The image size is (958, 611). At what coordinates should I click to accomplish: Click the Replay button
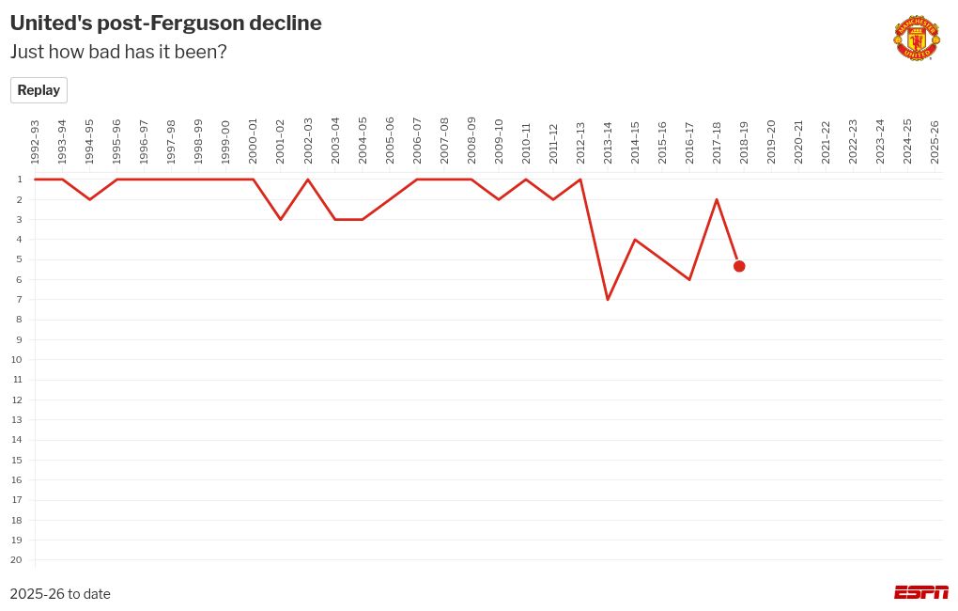click(x=39, y=90)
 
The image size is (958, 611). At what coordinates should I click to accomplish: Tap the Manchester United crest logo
click(x=916, y=38)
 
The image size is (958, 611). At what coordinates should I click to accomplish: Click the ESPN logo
click(x=920, y=592)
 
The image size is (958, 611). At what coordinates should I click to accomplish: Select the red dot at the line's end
click(x=739, y=266)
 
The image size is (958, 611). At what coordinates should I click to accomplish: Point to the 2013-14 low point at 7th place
click(x=608, y=299)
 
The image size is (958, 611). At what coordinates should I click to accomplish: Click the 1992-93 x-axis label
click(x=35, y=142)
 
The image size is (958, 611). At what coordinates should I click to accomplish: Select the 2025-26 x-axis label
click(x=935, y=142)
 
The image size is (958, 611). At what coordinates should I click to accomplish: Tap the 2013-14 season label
click(x=608, y=142)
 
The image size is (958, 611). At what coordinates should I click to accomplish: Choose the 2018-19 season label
click(x=744, y=142)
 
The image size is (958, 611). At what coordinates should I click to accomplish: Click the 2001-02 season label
click(x=281, y=142)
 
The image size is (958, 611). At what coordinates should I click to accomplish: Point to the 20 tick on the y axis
click(x=17, y=560)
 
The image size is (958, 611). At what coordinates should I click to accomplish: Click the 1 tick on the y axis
click(x=20, y=180)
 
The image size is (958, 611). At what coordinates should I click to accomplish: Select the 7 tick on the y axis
click(x=20, y=300)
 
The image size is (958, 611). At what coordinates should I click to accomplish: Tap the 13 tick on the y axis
click(x=17, y=420)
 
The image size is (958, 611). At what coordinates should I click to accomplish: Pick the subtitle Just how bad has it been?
click(x=118, y=52)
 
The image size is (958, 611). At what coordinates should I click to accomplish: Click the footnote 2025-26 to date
click(x=60, y=594)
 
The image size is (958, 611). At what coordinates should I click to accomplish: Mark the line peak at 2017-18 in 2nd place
click(x=717, y=199)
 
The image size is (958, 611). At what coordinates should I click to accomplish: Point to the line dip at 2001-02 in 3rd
click(x=281, y=219)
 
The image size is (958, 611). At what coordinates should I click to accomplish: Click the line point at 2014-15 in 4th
click(x=635, y=240)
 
